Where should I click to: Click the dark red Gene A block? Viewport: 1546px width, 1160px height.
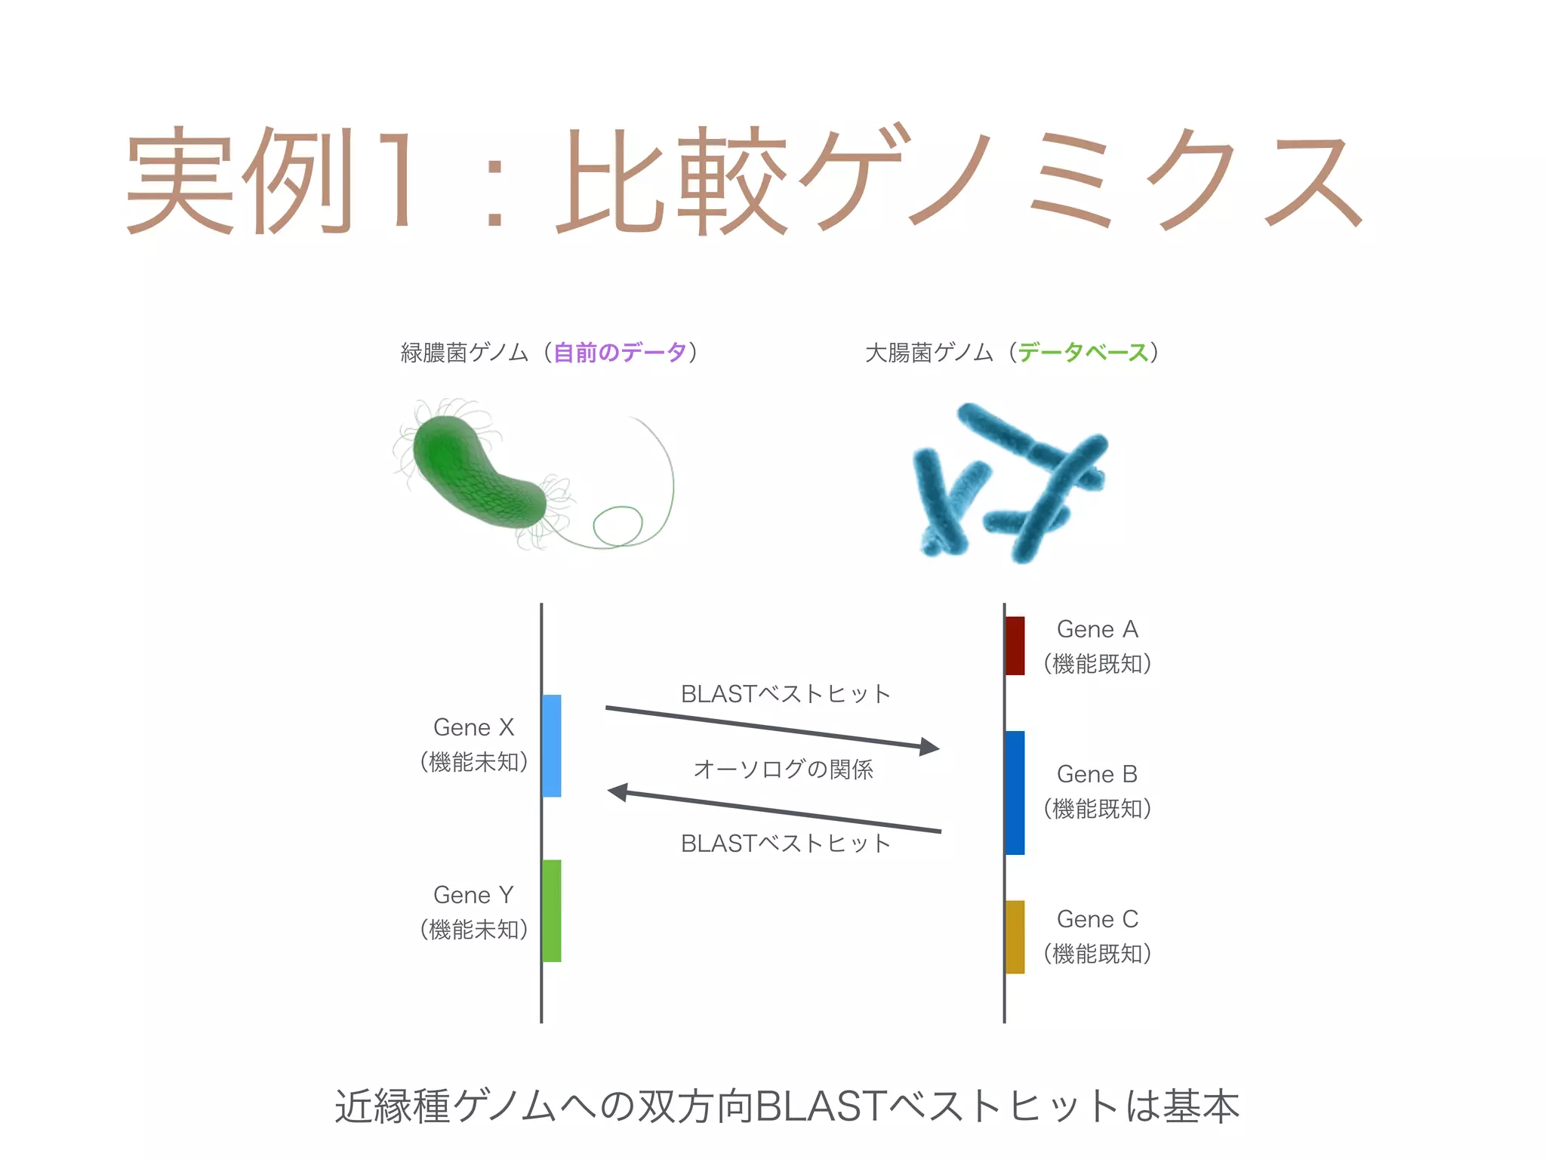pyautogui.click(x=1015, y=646)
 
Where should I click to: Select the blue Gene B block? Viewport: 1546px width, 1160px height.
pyautogui.click(x=1015, y=792)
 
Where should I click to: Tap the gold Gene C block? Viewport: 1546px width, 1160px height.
pyautogui.click(x=1015, y=936)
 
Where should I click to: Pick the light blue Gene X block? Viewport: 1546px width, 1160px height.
pyautogui.click(x=552, y=745)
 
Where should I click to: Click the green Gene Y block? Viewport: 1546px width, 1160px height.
pyautogui.click(x=552, y=910)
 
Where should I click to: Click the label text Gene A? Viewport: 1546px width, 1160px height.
pyautogui.click(x=1097, y=629)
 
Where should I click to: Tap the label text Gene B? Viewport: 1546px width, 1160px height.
pyautogui.click(x=1097, y=774)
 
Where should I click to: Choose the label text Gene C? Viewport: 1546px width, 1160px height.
pyautogui.click(x=1097, y=919)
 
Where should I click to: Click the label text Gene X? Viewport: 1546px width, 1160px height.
pyautogui.click(x=473, y=727)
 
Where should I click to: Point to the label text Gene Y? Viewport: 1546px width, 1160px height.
pyautogui.click(x=473, y=895)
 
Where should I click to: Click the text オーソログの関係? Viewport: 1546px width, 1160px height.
pyautogui.click(x=783, y=770)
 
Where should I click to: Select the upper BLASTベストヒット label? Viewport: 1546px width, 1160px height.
pyautogui.click(x=786, y=694)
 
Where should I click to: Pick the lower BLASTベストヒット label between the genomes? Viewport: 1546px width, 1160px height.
pyautogui.click(x=786, y=844)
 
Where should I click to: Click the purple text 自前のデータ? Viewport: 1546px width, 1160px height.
pyautogui.click(x=620, y=353)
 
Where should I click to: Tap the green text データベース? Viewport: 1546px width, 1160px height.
pyautogui.click(x=1083, y=353)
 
